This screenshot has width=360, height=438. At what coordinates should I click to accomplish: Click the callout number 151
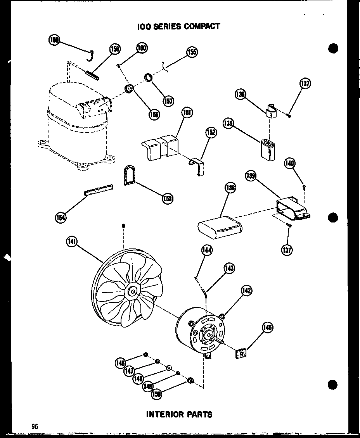[187, 113]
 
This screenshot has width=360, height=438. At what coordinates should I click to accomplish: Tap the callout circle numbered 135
[228, 124]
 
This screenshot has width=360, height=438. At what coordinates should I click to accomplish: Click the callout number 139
[250, 176]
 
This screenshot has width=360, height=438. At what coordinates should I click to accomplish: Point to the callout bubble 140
[290, 163]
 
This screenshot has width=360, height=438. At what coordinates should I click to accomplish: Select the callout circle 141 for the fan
[72, 242]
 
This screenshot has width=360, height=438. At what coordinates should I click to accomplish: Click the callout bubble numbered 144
[207, 250]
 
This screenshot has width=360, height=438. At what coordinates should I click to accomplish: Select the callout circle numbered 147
[129, 371]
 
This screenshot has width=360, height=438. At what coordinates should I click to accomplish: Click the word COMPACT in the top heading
[202, 26]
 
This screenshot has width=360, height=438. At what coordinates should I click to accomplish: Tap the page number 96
[35, 426]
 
